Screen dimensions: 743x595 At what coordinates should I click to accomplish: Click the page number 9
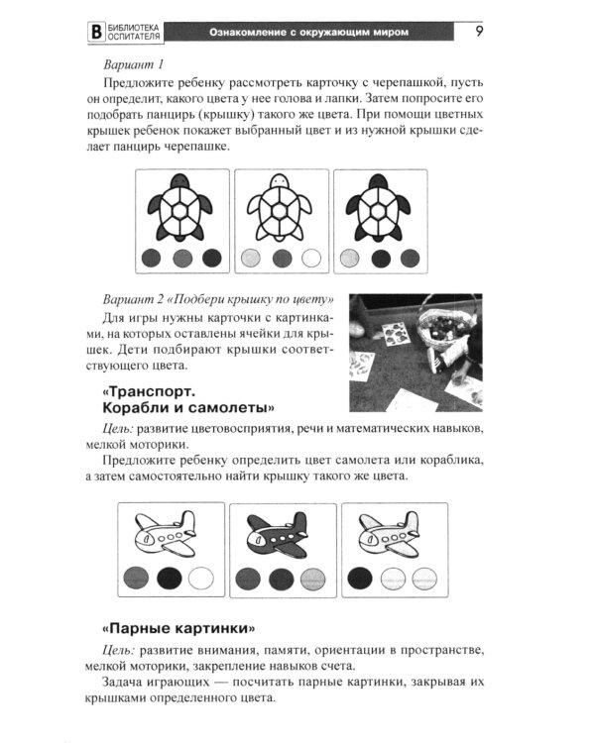point(479,32)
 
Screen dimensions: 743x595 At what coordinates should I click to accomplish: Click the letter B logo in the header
point(96,33)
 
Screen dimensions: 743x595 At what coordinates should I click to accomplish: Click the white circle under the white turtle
point(311,260)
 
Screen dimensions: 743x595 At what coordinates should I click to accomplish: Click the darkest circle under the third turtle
point(380,260)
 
